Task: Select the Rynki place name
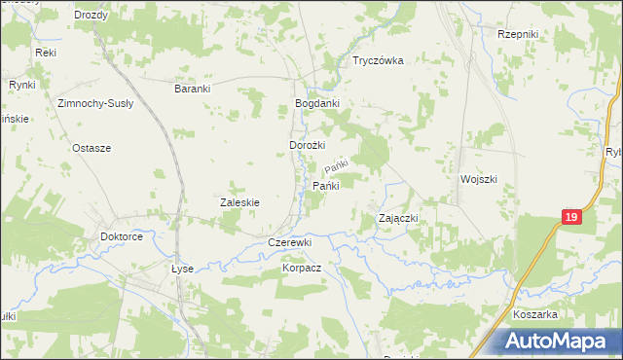(x=21, y=86)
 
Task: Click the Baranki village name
(x=193, y=88)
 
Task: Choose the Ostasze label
(x=92, y=148)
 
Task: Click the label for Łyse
(x=182, y=269)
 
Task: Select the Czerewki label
(x=289, y=242)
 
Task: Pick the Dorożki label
(x=307, y=145)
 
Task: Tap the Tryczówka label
(x=378, y=60)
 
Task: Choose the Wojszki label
(x=479, y=179)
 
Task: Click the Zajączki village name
(x=397, y=219)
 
